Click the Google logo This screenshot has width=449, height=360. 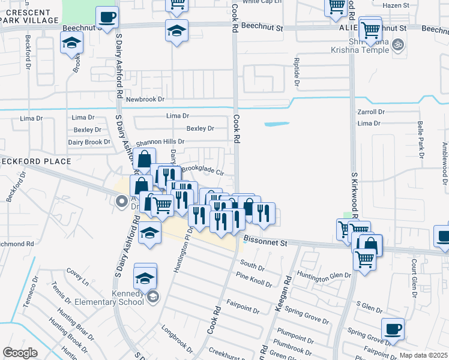point(20,353)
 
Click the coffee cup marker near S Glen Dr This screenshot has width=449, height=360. point(393,329)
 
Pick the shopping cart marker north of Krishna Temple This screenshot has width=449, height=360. point(370,29)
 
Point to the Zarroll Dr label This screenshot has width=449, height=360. point(370,112)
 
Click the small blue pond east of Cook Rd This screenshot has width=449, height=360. point(277,125)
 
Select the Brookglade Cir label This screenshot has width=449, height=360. point(202,170)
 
